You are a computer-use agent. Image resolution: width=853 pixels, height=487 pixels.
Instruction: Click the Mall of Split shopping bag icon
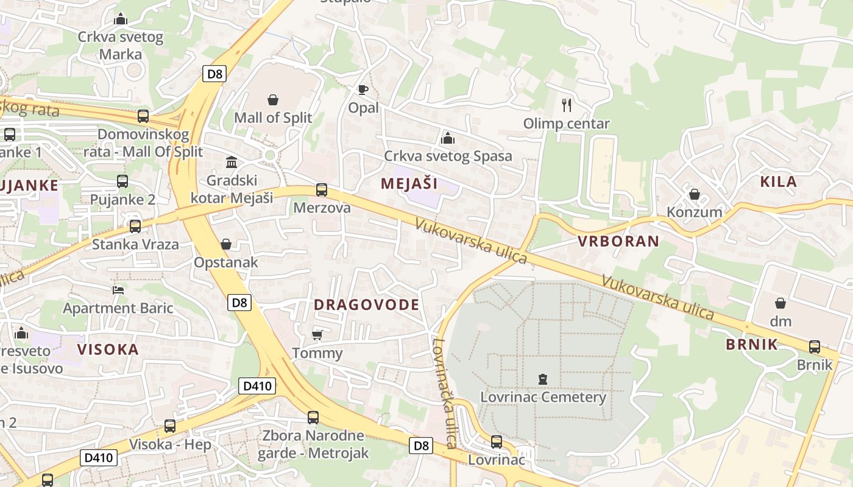click(x=273, y=99)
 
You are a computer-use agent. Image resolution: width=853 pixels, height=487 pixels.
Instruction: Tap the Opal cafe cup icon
click(x=363, y=90)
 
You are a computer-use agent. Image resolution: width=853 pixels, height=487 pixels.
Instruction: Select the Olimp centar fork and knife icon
click(x=567, y=105)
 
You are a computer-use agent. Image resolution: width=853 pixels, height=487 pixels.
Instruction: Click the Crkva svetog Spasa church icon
click(x=448, y=138)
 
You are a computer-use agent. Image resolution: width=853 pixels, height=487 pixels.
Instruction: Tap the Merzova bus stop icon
click(x=322, y=190)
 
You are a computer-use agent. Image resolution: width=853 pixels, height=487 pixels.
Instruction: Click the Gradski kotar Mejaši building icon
click(x=232, y=162)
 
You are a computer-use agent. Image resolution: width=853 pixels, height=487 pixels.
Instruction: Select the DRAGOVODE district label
click(x=367, y=305)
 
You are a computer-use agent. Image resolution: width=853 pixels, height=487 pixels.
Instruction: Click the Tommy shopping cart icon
click(x=317, y=335)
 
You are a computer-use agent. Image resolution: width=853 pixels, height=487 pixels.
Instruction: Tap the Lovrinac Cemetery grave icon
click(x=543, y=379)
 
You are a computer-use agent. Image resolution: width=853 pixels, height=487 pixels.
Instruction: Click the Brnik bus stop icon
click(x=815, y=347)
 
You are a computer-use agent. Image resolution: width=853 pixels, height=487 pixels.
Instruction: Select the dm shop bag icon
click(x=780, y=303)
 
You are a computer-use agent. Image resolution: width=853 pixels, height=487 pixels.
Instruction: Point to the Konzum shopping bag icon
click(x=694, y=194)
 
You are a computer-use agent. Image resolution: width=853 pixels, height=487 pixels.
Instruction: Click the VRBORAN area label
click(x=618, y=241)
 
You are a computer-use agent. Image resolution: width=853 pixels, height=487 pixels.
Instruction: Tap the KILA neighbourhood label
click(x=779, y=181)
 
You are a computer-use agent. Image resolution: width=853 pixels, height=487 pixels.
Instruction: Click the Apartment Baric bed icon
click(x=118, y=290)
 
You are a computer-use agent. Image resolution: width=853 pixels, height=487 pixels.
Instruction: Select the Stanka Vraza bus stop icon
click(x=135, y=226)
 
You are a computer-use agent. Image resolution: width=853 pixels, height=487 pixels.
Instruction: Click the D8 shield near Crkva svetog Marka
click(x=214, y=74)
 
